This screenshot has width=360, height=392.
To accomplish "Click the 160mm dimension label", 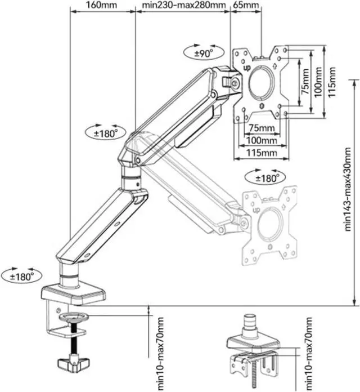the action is (101, 5).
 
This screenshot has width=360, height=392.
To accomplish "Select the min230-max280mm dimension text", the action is (184, 5).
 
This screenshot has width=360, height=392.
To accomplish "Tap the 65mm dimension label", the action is (246, 5).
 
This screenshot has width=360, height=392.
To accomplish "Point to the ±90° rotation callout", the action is (204, 52).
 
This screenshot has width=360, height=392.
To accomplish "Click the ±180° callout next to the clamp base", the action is (22, 276).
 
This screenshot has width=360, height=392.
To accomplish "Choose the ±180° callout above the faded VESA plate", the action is (266, 177).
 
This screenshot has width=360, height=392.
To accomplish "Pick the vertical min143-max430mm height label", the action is (348, 189).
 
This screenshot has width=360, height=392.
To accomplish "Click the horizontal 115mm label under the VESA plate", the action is (262, 153).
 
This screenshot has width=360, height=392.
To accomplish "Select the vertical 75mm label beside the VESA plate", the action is (305, 82).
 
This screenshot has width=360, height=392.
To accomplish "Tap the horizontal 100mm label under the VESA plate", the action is (262, 140).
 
